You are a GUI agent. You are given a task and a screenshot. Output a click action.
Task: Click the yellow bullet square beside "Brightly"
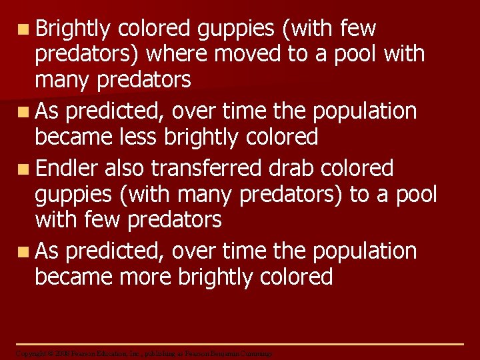pos(23,29)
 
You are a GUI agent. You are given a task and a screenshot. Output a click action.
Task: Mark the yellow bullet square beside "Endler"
pos(23,169)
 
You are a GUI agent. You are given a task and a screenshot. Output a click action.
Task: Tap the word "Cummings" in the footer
pos(257,353)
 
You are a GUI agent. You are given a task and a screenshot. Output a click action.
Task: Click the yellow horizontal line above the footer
pos(240,344)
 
